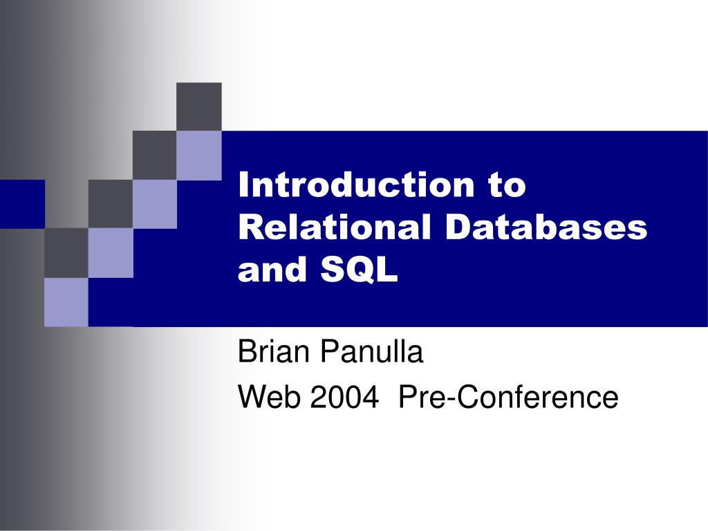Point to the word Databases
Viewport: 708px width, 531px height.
pos(546,228)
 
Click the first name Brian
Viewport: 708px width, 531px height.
pos(272,353)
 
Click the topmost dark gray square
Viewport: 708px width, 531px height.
pos(199,106)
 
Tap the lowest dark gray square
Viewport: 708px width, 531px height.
pos(66,252)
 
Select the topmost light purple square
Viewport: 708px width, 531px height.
pos(199,155)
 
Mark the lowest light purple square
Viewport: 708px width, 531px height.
pos(66,301)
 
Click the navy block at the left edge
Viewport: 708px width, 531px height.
pos(21,203)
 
